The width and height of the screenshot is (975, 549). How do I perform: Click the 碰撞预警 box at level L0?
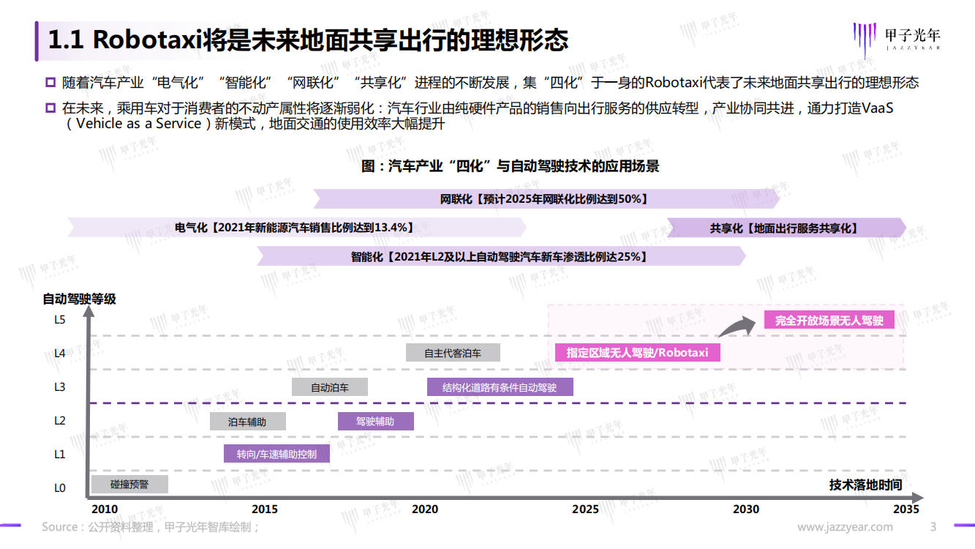[x=129, y=484]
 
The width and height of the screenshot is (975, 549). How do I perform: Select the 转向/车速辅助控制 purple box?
[x=276, y=454]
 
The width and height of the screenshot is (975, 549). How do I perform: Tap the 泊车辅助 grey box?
[x=248, y=422]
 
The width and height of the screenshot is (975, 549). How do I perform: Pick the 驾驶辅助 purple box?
[x=376, y=422]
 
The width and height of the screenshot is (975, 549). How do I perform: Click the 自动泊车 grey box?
[x=329, y=387]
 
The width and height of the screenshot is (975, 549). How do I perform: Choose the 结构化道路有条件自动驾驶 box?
[x=500, y=387]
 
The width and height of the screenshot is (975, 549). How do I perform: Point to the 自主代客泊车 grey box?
[x=453, y=353]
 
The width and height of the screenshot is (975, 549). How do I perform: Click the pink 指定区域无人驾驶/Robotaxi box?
[x=637, y=353]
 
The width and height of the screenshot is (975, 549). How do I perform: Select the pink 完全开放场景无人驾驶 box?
[x=829, y=321]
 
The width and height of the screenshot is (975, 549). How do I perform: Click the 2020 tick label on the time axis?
[x=425, y=509]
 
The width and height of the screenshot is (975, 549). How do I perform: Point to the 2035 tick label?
[x=906, y=509]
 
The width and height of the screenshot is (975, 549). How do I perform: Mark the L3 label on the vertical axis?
[x=60, y=387]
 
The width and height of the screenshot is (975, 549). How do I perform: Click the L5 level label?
[x=60, y=320]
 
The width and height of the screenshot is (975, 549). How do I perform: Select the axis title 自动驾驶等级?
[x=79, y=299]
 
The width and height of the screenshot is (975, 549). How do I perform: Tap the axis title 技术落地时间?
[x=865, y=485]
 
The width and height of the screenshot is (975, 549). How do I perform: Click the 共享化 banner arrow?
[x=786, y=228]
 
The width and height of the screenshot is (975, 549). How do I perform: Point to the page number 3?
[x=933, y=527]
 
